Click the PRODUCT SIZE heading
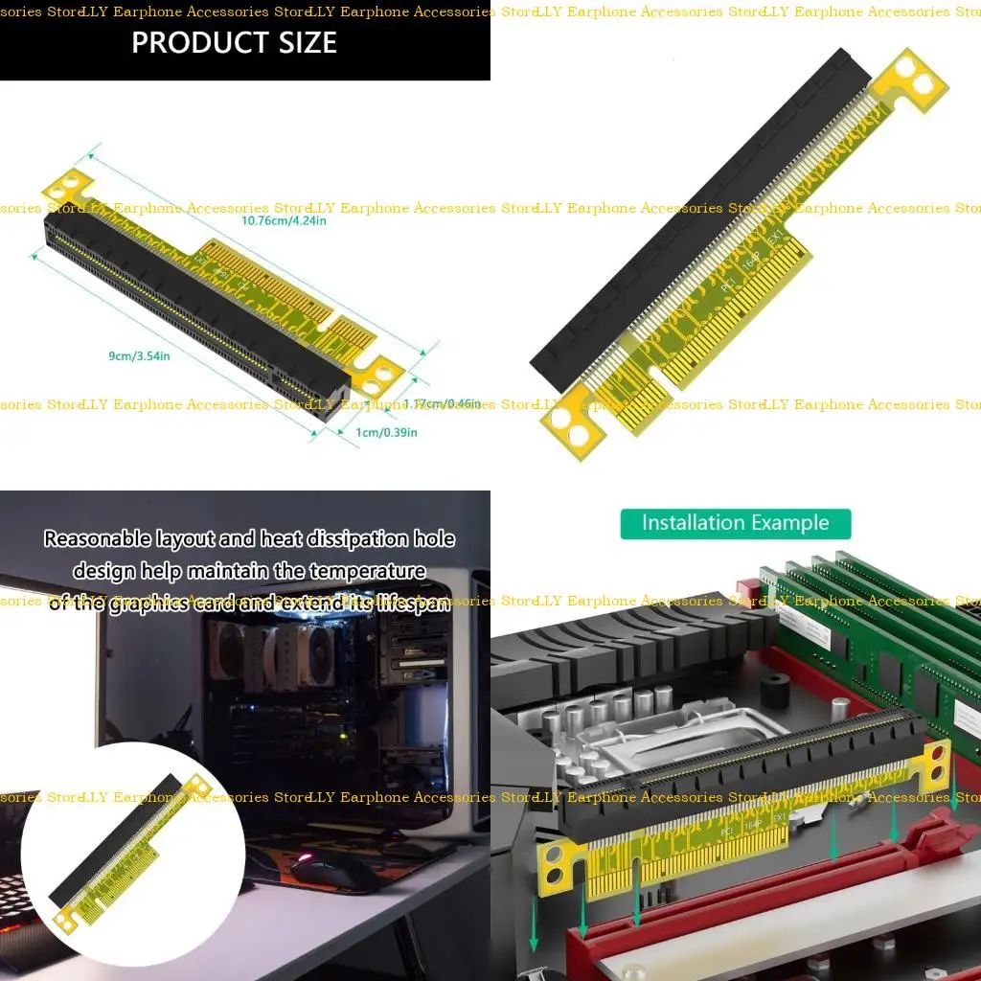pos(234,42)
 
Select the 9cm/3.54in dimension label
pos(139,356)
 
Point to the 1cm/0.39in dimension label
pos(386,433)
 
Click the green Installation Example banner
pos(735,523)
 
